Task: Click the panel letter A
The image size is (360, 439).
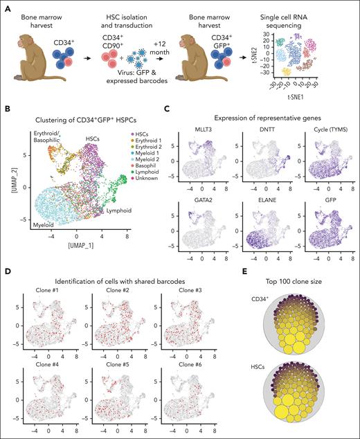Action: click(x=6, y=6)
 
